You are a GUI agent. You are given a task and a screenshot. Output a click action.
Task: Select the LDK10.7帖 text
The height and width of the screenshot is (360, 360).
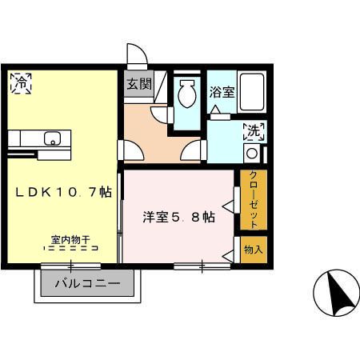pos(60,193)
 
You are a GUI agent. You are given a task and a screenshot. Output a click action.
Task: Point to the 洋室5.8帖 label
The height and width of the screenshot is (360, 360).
pos(178,217)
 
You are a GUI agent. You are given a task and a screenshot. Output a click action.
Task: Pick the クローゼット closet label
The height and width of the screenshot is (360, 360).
pos(253,199)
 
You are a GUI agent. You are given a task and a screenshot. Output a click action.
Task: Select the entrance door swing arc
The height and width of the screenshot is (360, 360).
pos(138,54)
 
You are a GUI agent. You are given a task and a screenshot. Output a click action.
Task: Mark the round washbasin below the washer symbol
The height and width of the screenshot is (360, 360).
pos(251,153)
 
